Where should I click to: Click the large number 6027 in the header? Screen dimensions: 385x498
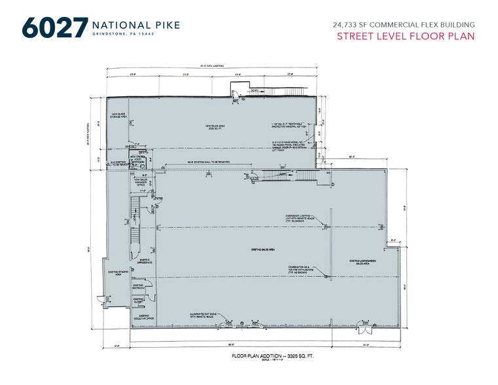54,29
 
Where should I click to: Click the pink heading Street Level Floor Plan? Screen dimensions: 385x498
406,36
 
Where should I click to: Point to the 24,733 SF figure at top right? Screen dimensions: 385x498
353,24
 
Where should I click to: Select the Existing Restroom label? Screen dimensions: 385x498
139,285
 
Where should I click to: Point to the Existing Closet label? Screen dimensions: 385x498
139,301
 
